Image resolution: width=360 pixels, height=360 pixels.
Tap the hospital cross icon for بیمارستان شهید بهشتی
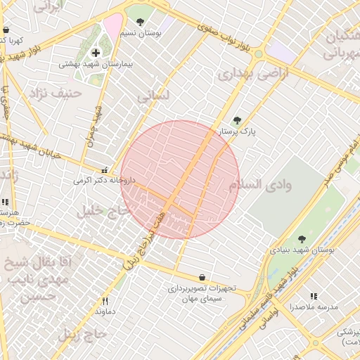point(96,53)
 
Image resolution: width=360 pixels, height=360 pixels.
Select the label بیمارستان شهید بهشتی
point(96,64)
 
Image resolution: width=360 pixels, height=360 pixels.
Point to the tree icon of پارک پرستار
point(237,120)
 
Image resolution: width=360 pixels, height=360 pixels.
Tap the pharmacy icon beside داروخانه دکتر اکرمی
point(105,169)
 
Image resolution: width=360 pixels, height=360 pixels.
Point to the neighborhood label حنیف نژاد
point(50,92)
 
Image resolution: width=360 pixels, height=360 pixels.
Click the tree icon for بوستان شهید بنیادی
point(302,239)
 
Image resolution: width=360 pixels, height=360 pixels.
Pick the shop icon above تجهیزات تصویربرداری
point(202,277)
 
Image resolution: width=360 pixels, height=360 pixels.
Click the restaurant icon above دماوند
point(105,300)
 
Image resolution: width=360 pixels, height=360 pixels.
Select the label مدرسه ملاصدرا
point(313,307)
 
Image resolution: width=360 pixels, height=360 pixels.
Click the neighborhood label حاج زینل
point(84,333)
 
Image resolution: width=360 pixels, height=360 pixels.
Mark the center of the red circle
point(180,179)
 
